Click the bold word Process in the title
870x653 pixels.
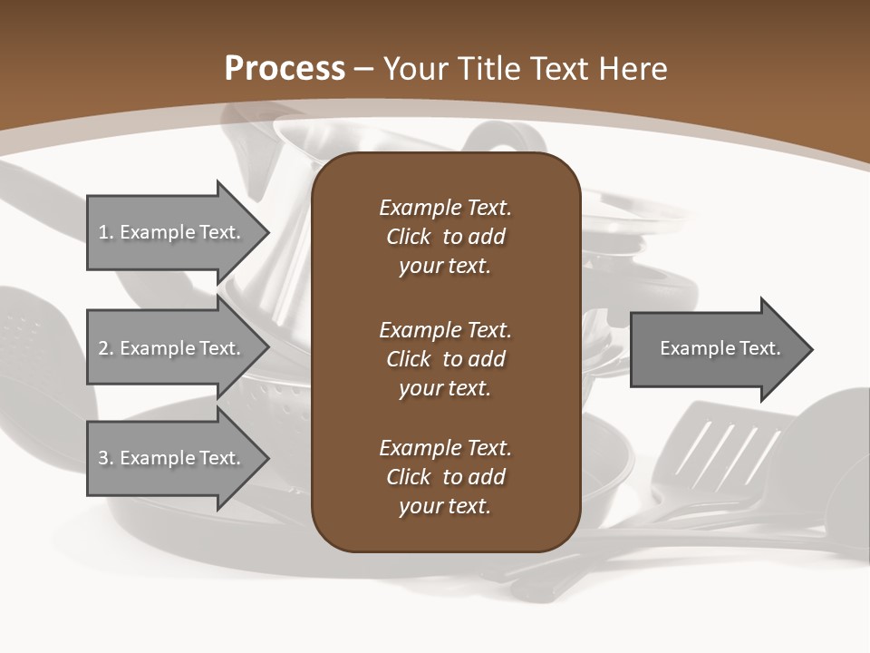(285, 69)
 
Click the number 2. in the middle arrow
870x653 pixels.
(106, 348)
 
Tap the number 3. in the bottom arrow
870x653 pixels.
(106, 458)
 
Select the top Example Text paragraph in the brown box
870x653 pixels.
(445, 237)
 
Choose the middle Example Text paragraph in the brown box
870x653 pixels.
(445, 359)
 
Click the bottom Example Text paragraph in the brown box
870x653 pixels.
(445, 477)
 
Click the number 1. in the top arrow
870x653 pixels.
(106, 232)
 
